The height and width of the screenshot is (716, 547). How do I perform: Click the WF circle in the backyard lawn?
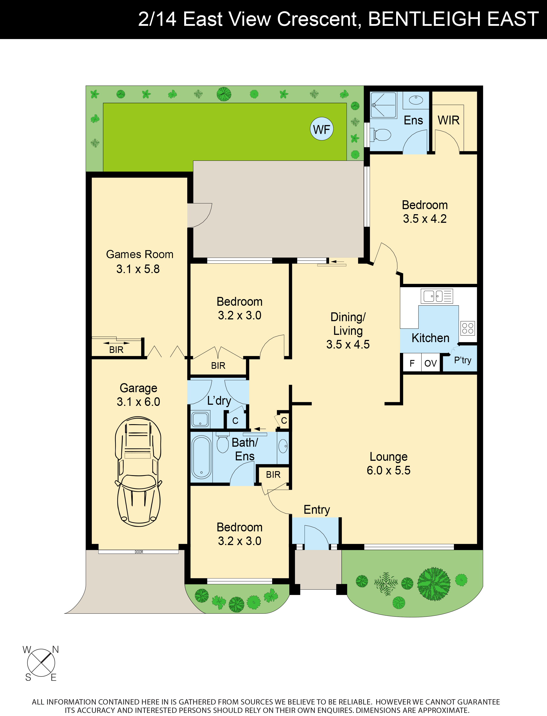coord(321,129)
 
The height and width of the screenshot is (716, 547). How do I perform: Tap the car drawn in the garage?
coord(138,471)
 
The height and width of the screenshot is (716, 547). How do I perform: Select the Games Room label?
coord(140,254)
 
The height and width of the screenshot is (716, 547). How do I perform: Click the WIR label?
coord(448,120)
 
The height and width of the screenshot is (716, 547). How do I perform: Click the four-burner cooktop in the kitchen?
coord(468,328)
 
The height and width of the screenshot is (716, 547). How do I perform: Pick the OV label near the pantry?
coord(431,363)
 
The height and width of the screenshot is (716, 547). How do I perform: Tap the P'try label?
coord(462,360)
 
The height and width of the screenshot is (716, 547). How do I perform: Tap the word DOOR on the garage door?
coord(139,552)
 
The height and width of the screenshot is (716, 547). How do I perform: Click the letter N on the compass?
coord(56,650)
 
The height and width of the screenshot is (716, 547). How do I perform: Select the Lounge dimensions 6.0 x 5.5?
coord(388,470)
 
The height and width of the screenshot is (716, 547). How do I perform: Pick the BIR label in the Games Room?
coord(116,350)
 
